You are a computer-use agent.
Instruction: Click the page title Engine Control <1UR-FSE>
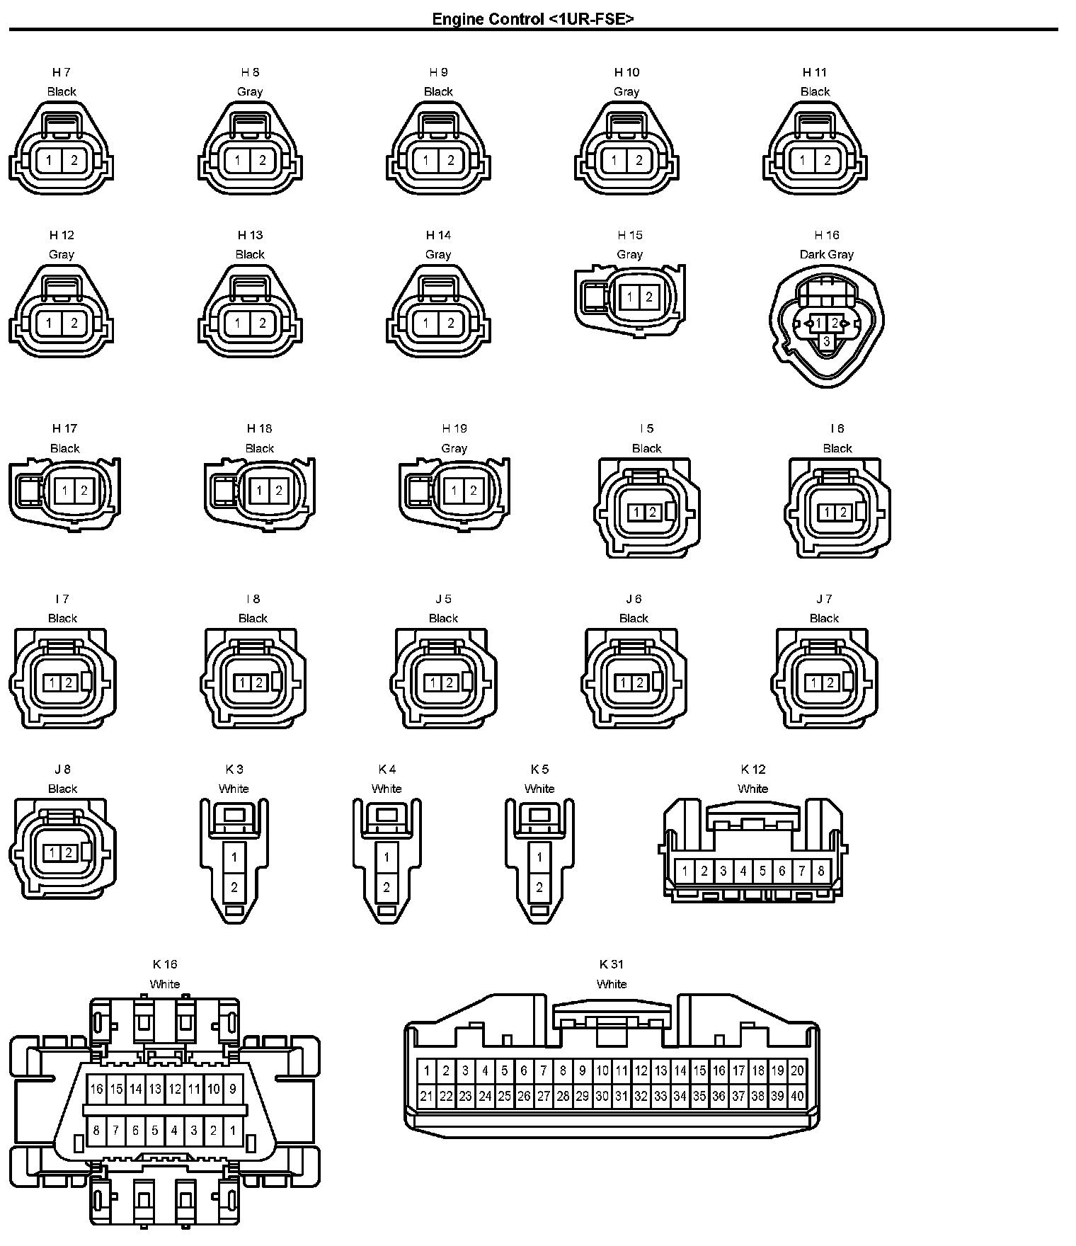pos(532,19)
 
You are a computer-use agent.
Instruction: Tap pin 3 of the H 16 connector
pos(826,342)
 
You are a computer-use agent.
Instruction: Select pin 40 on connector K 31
pos(797,1097)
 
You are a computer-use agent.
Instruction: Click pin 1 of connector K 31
pos(426,1071)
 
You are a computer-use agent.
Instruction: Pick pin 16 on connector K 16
pos(97,1089)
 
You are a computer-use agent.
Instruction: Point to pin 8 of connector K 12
pos(821,871)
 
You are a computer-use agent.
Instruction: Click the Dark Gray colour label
pos(826,254)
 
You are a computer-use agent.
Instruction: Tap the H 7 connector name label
pos(62,72)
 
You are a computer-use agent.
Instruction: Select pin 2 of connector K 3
pos(234,887)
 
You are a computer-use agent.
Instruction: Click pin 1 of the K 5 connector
pos(539,857)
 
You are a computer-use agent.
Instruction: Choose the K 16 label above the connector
pos(165,964)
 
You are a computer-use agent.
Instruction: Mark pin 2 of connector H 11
pos(828,160)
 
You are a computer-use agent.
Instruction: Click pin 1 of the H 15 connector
pos(630,297)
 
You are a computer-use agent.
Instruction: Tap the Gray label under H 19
pos(454,448)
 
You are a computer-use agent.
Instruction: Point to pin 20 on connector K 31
pos(797,1071)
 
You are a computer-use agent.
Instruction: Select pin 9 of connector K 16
pos(233,1089)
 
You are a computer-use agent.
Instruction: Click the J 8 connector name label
pos(62,770)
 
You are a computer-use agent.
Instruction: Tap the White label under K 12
pos(752,789)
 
